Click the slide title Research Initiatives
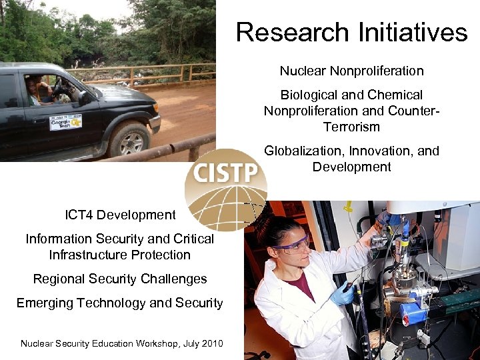coord(351,32)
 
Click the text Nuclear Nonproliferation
coord(351,71)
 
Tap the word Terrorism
coord(351,127)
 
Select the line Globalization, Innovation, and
coord(351,151)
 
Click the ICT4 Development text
coord(120,215)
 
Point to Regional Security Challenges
coord(120,279)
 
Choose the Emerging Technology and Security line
coord(120,303)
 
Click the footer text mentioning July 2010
coord(122,343)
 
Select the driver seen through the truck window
coord(35,91)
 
